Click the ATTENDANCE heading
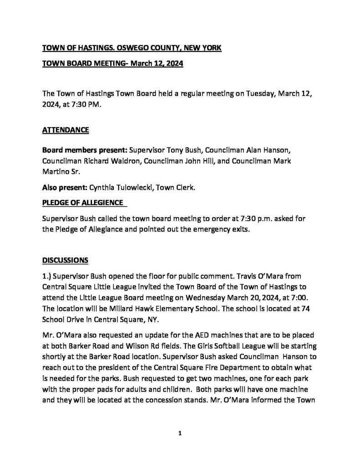point(66,130)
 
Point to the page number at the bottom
point(180,434)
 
